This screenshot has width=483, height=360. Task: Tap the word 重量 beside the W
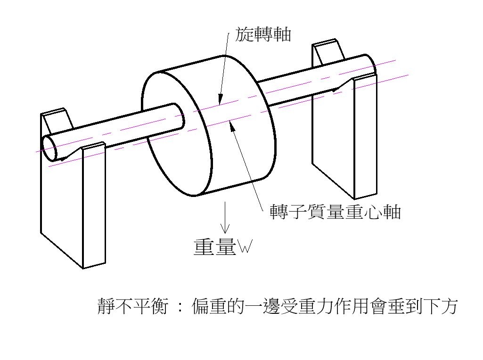tap(214, 247)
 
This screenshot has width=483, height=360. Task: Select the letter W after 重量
tap(245, 246)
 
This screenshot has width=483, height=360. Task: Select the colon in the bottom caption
tap(179, 307)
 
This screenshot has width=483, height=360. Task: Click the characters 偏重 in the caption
tap(207, 306)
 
